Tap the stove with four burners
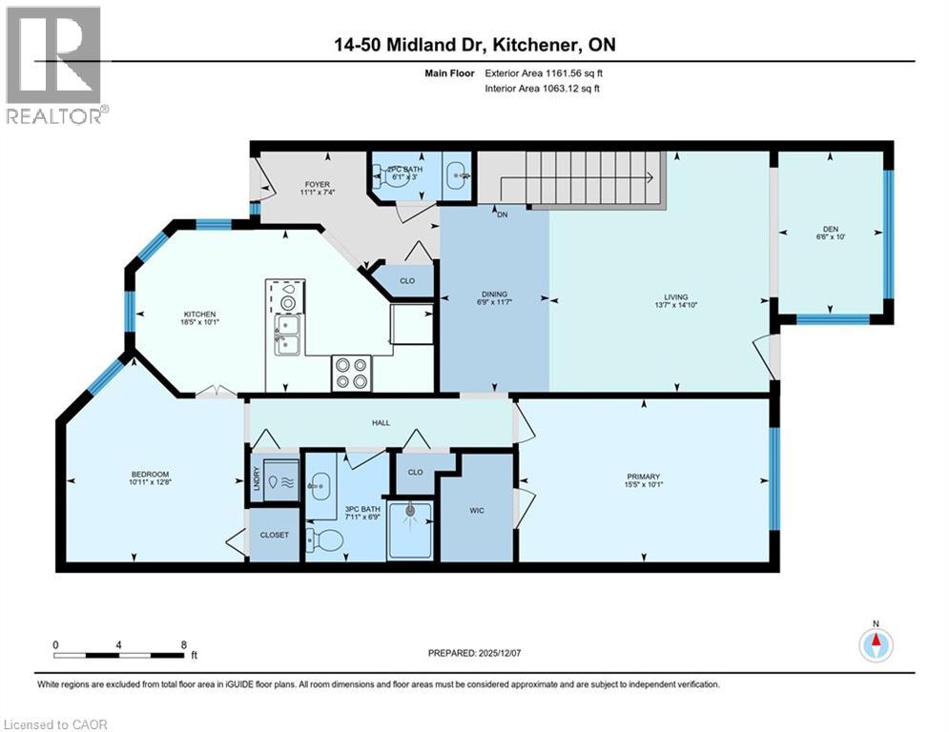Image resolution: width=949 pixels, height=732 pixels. (350, 373)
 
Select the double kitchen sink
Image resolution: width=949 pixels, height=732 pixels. (285, 335)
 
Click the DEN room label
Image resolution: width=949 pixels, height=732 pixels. (830, 228)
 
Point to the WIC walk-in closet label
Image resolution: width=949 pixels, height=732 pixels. (477, 511)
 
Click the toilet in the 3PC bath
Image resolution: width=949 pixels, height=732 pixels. (328, 540)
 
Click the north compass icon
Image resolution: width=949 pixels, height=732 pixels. (875, 644)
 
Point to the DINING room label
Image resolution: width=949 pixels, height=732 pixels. (494, 295)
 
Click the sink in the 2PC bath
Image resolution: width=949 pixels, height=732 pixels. (457, 175)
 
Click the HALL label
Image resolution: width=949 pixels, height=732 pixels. (380, 422)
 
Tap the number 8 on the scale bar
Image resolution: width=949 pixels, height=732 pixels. (183, 644)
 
